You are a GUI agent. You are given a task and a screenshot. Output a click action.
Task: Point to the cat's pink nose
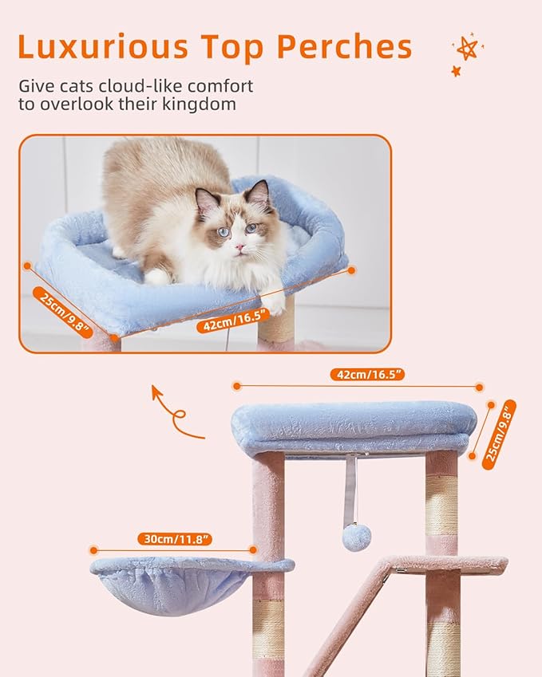pos(237,248)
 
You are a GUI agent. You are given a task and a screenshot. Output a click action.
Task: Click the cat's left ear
pos(205,200)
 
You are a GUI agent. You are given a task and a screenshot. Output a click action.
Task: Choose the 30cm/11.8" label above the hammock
pos(172,539)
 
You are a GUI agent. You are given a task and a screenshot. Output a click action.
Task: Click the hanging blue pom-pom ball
pos(356,537)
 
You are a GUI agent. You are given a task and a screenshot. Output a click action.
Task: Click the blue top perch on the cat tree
pos(354,428)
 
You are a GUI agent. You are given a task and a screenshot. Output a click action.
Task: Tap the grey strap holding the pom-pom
pos(350,487)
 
